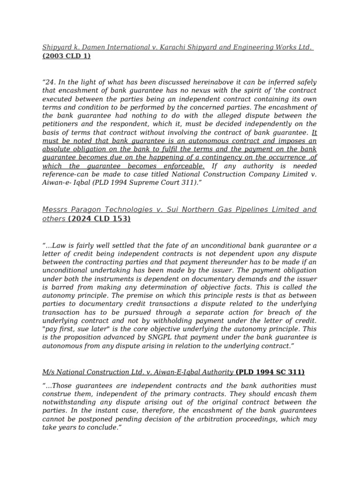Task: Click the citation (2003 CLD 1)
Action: click(x=67, y=56)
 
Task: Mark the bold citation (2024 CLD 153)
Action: click(x=99, y=218)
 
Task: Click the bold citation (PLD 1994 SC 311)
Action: click(x=270, y=372)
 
